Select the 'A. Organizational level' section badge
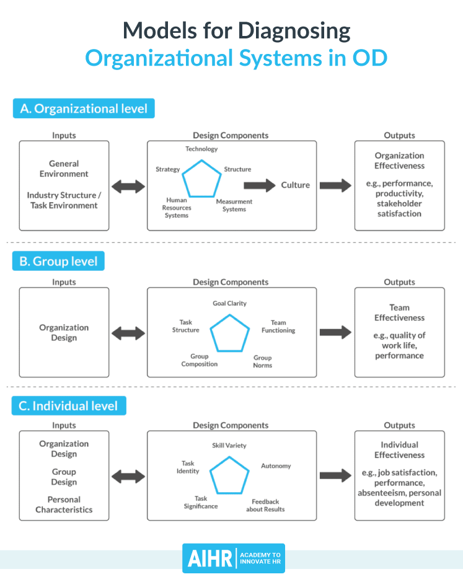[84, 108]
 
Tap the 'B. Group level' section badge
[59, 261]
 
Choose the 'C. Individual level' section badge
[69, 406]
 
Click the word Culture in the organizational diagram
[296, 185]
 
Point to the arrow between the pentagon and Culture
[258, 185]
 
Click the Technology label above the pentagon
[201, 149]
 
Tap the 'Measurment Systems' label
[234, 205]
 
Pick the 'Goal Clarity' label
[229, 303]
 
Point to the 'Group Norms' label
[263, 361]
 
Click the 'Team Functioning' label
[278, 327]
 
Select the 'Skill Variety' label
[229, 445]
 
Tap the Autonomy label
[276, 465]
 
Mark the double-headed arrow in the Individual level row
[128, 476]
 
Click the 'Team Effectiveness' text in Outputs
[399, 312]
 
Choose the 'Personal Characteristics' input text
[64, 505]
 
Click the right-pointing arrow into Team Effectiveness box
[335, 333]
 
